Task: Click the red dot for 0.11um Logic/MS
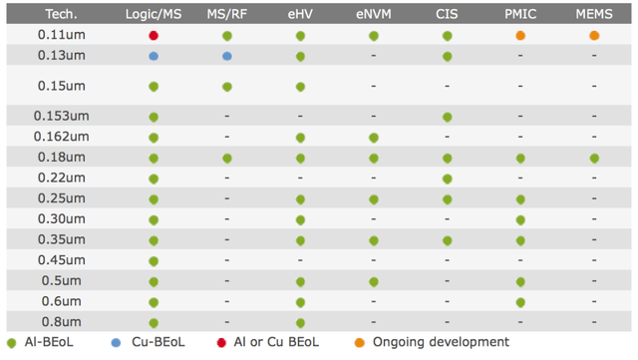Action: click(154, 36)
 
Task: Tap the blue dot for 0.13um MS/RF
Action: click(227, 56)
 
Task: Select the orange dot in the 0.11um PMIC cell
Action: click(520, 36)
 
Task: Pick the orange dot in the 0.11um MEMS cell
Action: click(594, 36)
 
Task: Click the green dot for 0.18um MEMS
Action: click(594, 159)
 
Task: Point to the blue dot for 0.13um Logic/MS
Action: click(154, 56)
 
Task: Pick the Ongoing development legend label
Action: click(441, 343)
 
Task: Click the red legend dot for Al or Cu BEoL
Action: click(221, 343)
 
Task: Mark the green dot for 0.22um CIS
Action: click(448, 180)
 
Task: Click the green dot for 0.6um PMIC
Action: click(520, 302)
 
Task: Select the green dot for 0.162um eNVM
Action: click(374, 138)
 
